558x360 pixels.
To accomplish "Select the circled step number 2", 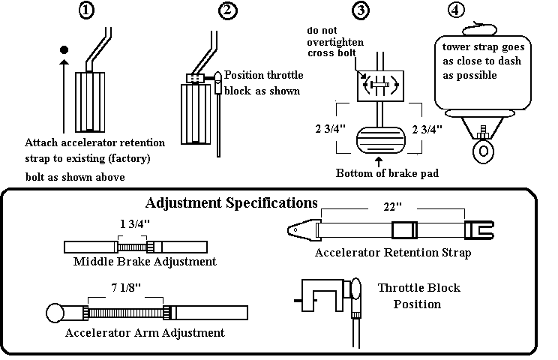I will (226, 11).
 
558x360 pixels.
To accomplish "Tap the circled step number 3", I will (361, 11).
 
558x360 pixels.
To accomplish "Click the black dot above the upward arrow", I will (64, 50).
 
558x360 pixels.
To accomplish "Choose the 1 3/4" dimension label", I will (134, 223).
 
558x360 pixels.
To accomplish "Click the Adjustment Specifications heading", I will (231, 202).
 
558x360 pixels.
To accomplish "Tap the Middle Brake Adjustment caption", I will (145, 262).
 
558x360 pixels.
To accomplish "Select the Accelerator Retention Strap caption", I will (393, 253).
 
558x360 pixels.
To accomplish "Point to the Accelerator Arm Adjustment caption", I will (145, 331).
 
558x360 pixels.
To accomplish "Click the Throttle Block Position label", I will (418, 295).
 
